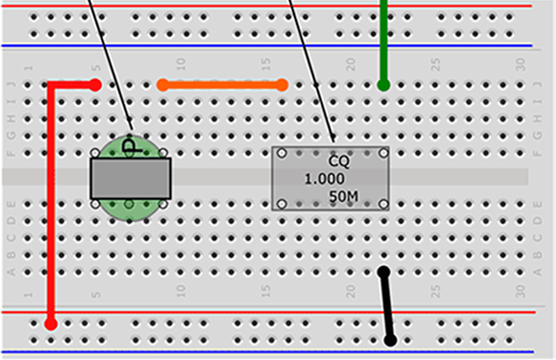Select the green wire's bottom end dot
[383, 85]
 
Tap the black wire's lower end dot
[391, 340]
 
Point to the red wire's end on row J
[95, 85]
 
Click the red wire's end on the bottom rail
[51, 323]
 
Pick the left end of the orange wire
[163, 85]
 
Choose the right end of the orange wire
[281, 85]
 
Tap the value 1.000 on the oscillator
[324, 179]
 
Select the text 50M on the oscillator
[343, 197]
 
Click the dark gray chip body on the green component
[130, 178]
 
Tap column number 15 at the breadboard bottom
[265, 291]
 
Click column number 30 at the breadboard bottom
[521, 291]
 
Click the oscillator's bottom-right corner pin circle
[384, 204]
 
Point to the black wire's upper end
[383, 271]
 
